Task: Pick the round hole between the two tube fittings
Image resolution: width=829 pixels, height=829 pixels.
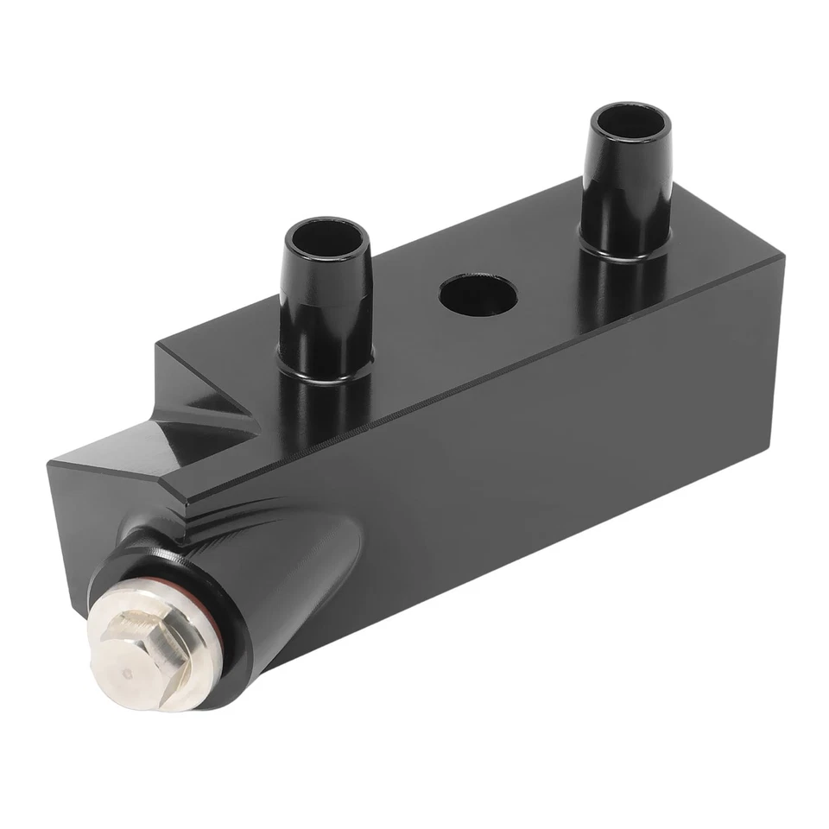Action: click(x=478, y=296)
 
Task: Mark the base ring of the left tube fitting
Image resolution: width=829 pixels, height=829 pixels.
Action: click(x=326, y=373)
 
